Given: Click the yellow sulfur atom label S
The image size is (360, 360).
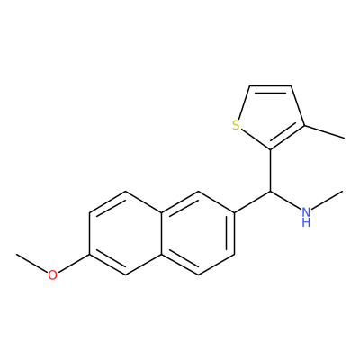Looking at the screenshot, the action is pyautogui.click(x=237, y=125).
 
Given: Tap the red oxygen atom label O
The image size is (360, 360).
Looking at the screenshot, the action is pyautogui.click(x=52, y=275).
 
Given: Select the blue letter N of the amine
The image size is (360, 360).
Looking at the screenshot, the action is pyautogui.click(x=306, y=212).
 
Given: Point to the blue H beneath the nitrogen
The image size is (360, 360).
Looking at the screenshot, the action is pyautogui.click(x=306, y=222).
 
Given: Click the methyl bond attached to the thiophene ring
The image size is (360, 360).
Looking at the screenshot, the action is pyautogui.click(x=325, y=132).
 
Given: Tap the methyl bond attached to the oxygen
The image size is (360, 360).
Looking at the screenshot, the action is pyautogui.click(x=32, y=263).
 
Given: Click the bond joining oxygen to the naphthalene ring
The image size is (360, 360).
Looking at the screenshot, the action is pyautogui.click(x=74, y=264).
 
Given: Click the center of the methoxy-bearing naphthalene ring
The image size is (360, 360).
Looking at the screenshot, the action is pyautogui.click(x=125, y=233).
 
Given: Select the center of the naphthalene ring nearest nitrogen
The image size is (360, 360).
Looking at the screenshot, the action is pyautogui.click(x=198, y=233).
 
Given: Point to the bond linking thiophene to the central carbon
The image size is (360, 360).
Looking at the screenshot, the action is pyautogui.click(x=271, y=170).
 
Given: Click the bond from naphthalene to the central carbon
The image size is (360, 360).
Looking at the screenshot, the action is pyautogui.click(x=253, y=202).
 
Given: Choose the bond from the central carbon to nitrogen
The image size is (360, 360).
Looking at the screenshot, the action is pyautogui.click(x=286, y=200).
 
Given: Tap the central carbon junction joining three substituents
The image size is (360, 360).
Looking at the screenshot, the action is pyautogui.click(x=271, y=192).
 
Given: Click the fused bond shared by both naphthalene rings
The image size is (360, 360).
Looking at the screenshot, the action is pyautogui.click(x=162, y=233).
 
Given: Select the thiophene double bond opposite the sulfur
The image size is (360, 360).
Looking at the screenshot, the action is pyautogui.click(x=270, y=87).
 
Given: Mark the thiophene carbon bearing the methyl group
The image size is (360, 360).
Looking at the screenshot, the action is pyautogui.click(x=305, y=125).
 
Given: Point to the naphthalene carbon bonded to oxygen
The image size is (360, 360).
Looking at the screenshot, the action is pyautogui.click(x=89, y=255).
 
